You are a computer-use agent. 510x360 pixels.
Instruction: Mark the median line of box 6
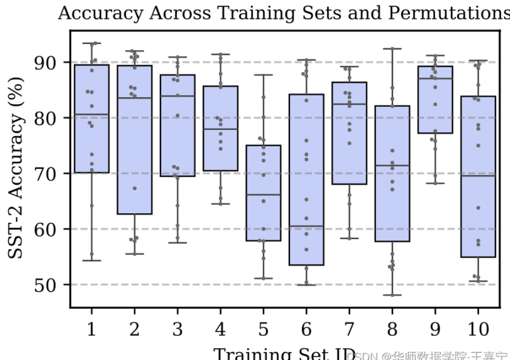306,226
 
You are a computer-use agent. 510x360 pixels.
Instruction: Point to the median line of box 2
134,98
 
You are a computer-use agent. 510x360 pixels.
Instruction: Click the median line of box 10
478,176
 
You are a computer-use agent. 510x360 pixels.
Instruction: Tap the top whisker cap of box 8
392,48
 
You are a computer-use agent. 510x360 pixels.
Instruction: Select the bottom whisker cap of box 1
91,260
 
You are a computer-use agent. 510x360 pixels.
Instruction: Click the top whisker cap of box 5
263,75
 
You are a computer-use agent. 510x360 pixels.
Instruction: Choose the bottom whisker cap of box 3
177,242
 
